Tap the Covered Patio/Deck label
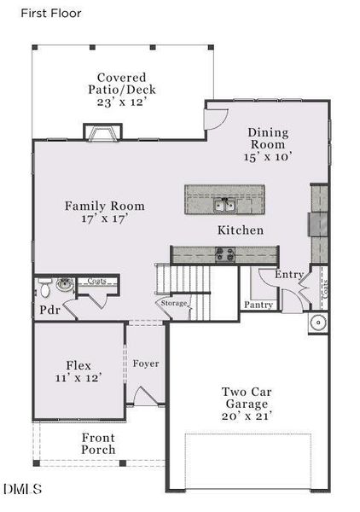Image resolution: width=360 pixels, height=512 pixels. (x=121, y=89)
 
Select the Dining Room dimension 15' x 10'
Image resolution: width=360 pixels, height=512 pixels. (x=268, y=158)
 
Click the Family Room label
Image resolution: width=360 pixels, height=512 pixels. (x=105, y=207)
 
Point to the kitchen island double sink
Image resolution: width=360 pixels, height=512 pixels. (x=225, y=204)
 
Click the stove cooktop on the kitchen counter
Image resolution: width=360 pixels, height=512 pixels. (x=225, y=253)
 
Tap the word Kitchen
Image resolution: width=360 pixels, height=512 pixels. (x=240, y=230)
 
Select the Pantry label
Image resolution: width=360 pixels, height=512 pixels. (x=258, y=305)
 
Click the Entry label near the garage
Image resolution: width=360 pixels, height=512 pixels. (x=288, y=275)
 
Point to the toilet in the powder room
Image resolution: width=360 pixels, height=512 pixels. (x=62, y=284)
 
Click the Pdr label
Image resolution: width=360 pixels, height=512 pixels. (x=48, y=310)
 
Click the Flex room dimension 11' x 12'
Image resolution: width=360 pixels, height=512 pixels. (x=78, y=377)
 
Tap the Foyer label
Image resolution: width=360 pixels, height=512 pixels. (x=146, y=364)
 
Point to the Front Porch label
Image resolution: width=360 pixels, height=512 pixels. (x=98, y=444)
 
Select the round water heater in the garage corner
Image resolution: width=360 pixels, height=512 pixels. (x=316, y=323)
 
